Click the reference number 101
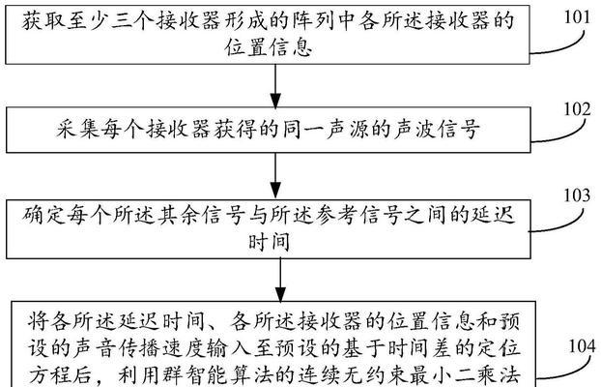tap(577, 17)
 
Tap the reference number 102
tap(577, 109)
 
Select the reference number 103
tap(577, 195)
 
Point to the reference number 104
tap(583, 346)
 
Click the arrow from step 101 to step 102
tap(275, 85)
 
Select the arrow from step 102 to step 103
tap(275, 176)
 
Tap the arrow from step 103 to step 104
tap(280, 280)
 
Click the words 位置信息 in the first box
tap(269, 47)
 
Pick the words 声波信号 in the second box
tap(436, 129)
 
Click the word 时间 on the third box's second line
tap(269, 242)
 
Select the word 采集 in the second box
tap(78, 129)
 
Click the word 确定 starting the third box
tap(43, 215)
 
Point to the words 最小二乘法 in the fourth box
tap(465, 375)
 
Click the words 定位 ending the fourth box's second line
tap(499, 348)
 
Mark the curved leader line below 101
tap(560, 46)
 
